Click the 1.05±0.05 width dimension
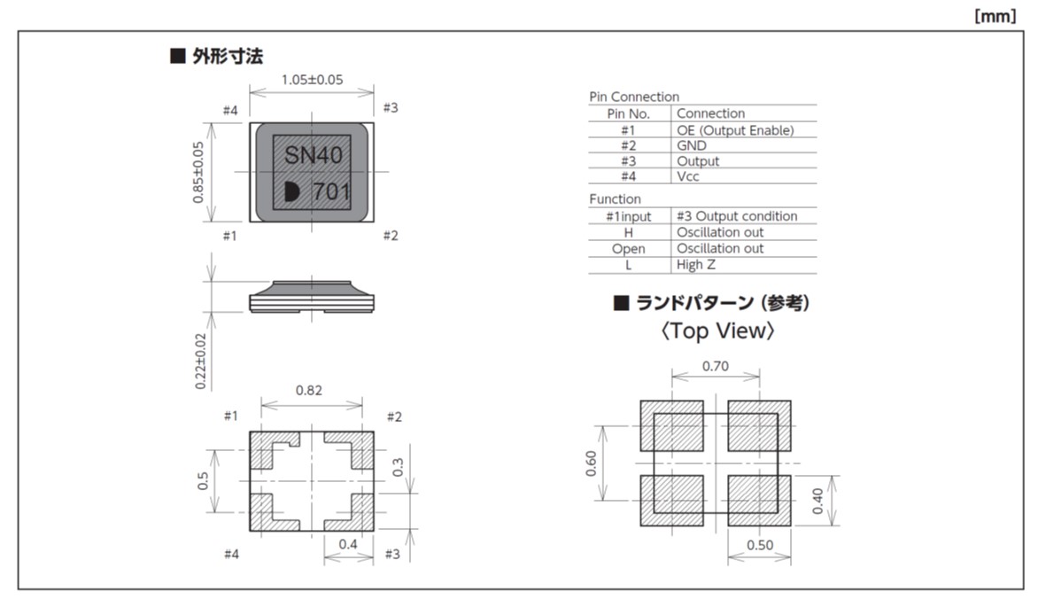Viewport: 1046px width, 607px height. coord(312,80)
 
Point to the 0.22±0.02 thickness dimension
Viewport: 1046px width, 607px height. coord(200,360)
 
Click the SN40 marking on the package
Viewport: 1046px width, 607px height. coord(313,156)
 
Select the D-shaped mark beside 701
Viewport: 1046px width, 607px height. coord(292,191)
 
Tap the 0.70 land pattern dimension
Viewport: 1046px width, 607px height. coord(715,365)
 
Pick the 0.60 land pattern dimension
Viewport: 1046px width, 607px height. coord(592,463)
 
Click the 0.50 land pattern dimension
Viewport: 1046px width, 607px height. coord(759,545)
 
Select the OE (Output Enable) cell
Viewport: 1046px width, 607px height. coord(735,130)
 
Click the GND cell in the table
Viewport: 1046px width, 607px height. coord(692,145)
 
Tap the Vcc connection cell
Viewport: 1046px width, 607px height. coord(688,176)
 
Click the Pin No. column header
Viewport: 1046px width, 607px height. coord(629,113)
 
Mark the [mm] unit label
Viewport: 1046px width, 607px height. coord(996,16)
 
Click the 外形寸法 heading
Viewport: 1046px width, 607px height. coord(228,57)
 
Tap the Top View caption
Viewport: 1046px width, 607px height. coord(717,331)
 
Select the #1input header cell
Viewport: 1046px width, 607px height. coord(629,216)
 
